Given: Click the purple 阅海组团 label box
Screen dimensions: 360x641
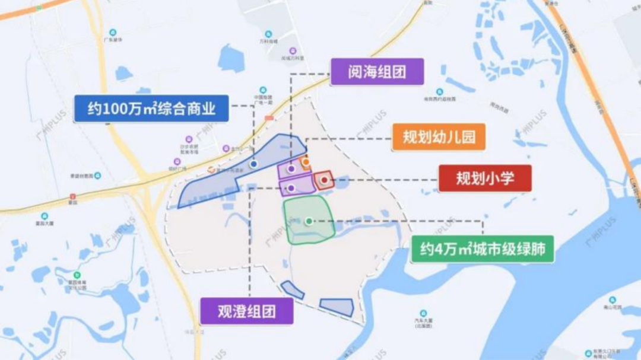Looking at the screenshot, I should click(x=377, y=72).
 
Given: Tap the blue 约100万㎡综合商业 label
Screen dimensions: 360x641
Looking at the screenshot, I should click(x=151, y=109).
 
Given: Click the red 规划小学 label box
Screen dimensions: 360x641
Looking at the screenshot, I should click(x=485, y=179).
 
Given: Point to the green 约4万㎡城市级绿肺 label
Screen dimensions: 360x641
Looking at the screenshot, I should click(x=483, y=249).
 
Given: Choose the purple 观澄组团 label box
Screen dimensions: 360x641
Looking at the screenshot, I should click(x=247, y=310).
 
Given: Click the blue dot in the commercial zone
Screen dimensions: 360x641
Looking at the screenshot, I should click(x=254, y=164).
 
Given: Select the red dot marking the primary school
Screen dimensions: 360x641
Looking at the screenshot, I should click(x=324, y=180).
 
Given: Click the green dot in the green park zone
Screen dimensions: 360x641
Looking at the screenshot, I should click(x=309, y=221).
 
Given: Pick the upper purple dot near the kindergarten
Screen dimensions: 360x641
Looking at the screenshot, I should click(x=291, y=169).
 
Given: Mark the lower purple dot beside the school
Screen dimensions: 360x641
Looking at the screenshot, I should click(x=291, y=188).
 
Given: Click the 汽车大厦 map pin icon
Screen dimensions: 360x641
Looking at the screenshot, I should click(x=423, y=313).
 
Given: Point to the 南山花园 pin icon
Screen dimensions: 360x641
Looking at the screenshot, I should click(x=612, y=300).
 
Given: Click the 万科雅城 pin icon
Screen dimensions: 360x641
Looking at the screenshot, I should click(x=268, y=34).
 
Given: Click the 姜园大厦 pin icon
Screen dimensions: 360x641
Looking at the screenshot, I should click(x=44, y=216).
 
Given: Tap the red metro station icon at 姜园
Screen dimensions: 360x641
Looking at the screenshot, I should click(x=73, y=196).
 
